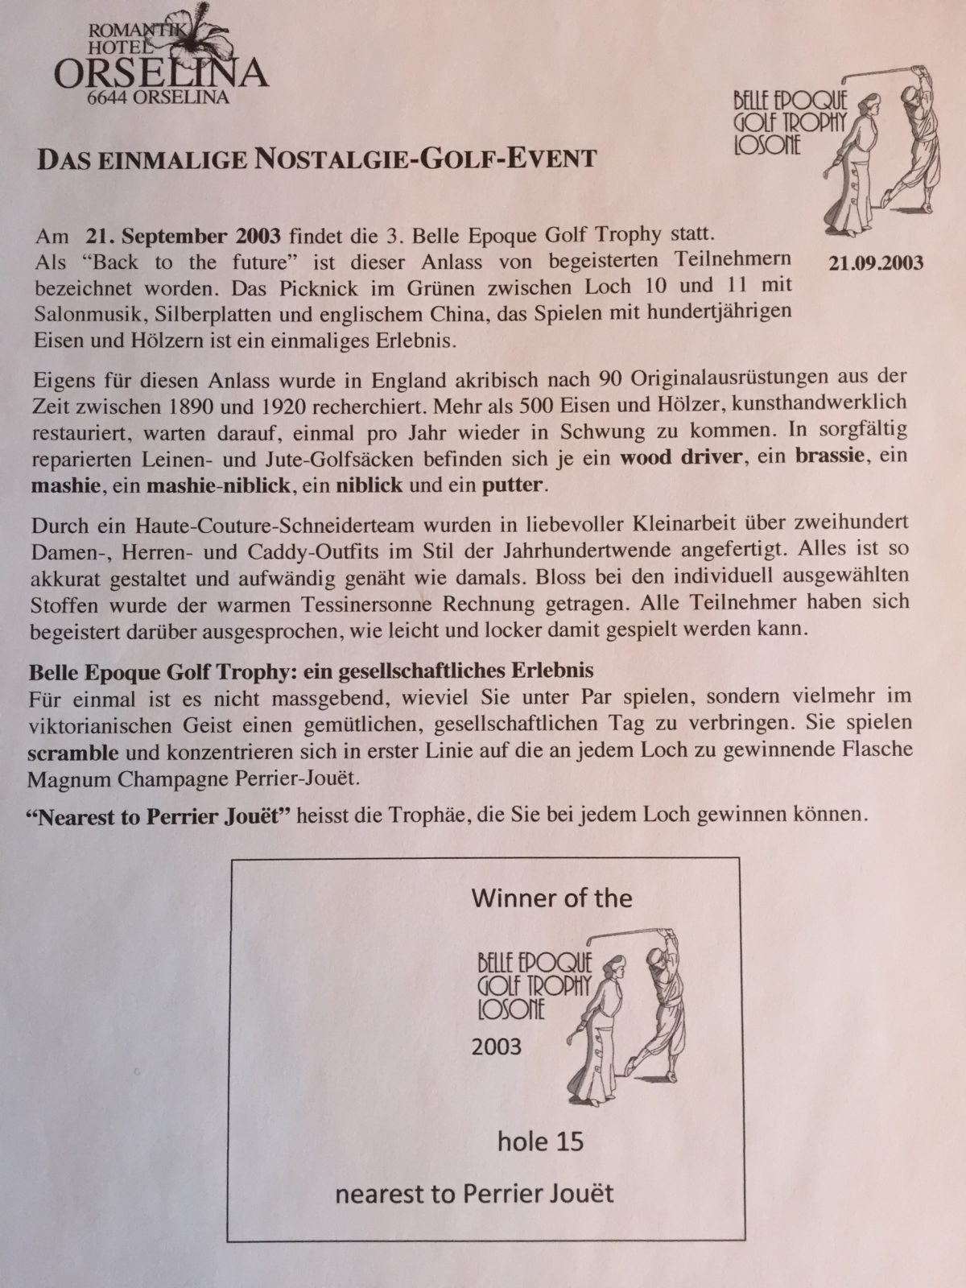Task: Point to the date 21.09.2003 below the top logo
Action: point(876,263)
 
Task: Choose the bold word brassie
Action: point(830,456)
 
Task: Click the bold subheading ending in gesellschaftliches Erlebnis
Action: point(311,671)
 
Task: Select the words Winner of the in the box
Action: point(551,898)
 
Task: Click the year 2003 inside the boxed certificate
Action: point(497,1046)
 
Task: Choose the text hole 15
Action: point(540,1141)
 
